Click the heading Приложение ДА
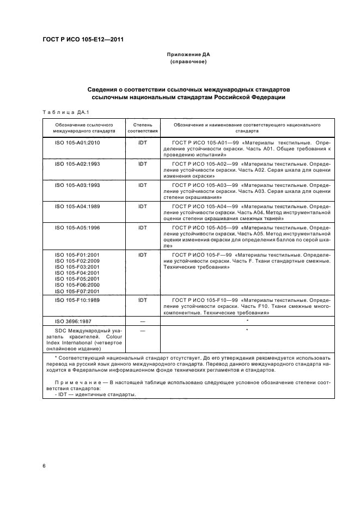pyautogui.click(x=188, y=55)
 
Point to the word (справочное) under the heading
pyautogui.click(x=188, y=62)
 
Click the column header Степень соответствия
pyautogui.click(x=143, y=128)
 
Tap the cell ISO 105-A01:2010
pyautogui.click(x=77, y=142)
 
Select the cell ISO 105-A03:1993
pyautogui.click(x=77, y=185)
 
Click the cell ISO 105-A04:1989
pyautogui.click(x=77, y=206)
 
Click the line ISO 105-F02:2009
pyautogui.click(x=77, y=261)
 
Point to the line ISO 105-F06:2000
pyautogui.click(x=77, y=285)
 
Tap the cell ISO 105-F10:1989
pyautogui.click(x=77, y=300)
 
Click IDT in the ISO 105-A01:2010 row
pyautogui.click(x=143, y=142)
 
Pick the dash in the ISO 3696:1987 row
pyautogui.click(x=143, y=321)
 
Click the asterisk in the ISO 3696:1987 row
pyautogui.click(x=247, y=321)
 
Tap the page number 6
pyautogui.click(x=44, y=466)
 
